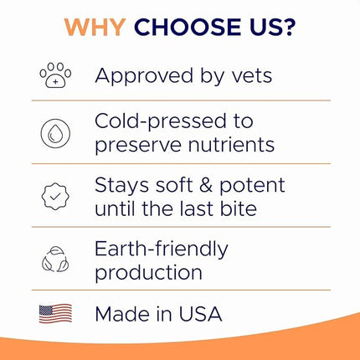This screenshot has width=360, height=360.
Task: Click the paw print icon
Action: tap(55, 76)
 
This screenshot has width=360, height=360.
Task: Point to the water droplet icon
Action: tap(55, 134)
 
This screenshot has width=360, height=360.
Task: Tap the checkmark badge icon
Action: tap(55, 196)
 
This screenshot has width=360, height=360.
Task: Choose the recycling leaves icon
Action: tap(55, 260)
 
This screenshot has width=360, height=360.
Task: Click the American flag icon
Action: tap(55, 315)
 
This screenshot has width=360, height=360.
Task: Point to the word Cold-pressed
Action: tap(164, 122)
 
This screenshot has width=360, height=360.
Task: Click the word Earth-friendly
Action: tap(162, 249)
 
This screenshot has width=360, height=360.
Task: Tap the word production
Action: tap(148, 272)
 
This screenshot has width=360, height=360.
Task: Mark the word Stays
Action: tap(121, 185)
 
